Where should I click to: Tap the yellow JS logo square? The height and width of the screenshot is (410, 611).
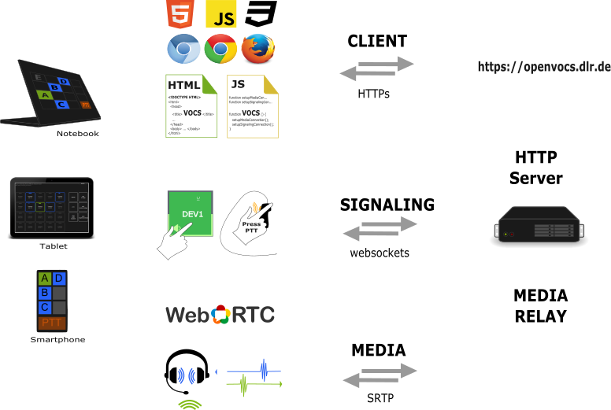click(221, 16)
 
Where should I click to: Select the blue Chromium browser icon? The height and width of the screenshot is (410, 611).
click(183, 50)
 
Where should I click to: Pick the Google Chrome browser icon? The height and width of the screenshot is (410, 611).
click(220, 50)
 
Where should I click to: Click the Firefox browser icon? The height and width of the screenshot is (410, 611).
click(257, 49)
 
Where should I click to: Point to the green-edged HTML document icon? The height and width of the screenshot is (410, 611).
click(191, 106)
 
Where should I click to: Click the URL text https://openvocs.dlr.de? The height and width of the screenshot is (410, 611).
click(544, 66)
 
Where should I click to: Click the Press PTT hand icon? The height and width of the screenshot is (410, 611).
click(254, 221)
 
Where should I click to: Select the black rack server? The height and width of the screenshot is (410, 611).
click(540, 224)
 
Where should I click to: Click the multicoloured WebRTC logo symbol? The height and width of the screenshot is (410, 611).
click(220, 315)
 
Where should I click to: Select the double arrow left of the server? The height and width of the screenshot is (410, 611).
click(380, 228)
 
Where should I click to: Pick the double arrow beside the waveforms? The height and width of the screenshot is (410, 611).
click(380, 375)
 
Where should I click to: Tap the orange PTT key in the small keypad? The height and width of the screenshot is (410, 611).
click(52, 323)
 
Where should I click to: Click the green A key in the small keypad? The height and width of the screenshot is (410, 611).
click(45, 279)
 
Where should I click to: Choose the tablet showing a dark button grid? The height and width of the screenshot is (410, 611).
click(52, 208)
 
